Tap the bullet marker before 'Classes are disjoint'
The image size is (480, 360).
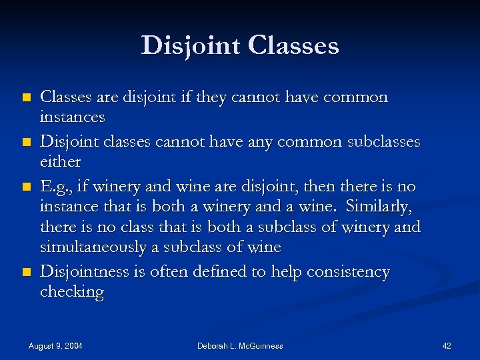(x=26, y=97)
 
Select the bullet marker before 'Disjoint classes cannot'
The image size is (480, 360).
(x=26, y=143)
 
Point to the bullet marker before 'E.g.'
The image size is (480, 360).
(x=26, y=187)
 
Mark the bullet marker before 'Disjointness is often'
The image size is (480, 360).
(x=26, y=273)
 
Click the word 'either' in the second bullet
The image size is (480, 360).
(x=60, y=162)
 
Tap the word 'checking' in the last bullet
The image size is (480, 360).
(x=71, y=292)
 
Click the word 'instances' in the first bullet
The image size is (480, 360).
(x=73, y=117)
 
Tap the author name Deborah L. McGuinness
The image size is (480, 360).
(x=240, y=345)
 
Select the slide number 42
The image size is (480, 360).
(x=447, y=345)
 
